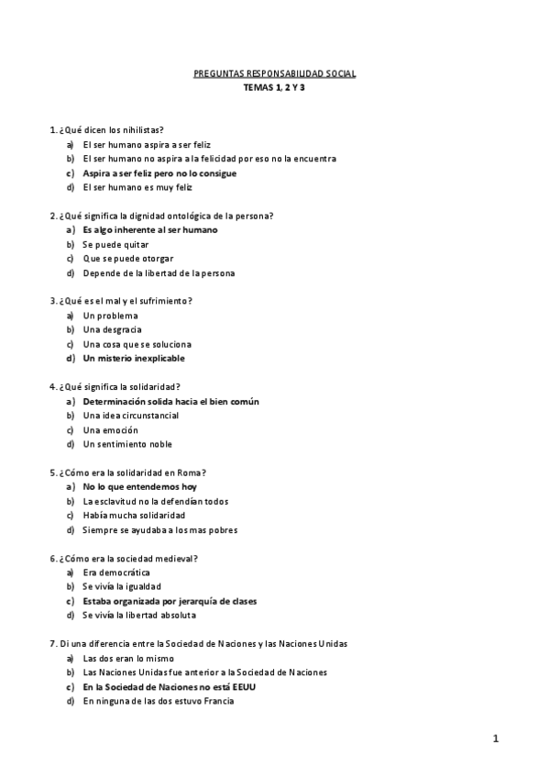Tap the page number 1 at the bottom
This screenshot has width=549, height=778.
click(495, 739)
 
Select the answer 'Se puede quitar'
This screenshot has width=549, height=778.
click(115, 245)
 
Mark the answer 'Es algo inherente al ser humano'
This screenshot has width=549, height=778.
click(150, 230)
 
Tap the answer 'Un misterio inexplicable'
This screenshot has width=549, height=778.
click(134, 358)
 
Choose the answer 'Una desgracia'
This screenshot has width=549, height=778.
click(113, 329)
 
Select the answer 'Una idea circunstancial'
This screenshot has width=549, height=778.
click(130, 416)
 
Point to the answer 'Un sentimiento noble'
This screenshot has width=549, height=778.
click(127, 444)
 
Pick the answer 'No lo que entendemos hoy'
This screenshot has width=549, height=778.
click(139, 486)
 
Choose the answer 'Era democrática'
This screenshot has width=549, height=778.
click(116, 572)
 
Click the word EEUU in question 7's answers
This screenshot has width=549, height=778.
click(242, 686)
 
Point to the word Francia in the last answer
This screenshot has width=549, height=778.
click(218, 701)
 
